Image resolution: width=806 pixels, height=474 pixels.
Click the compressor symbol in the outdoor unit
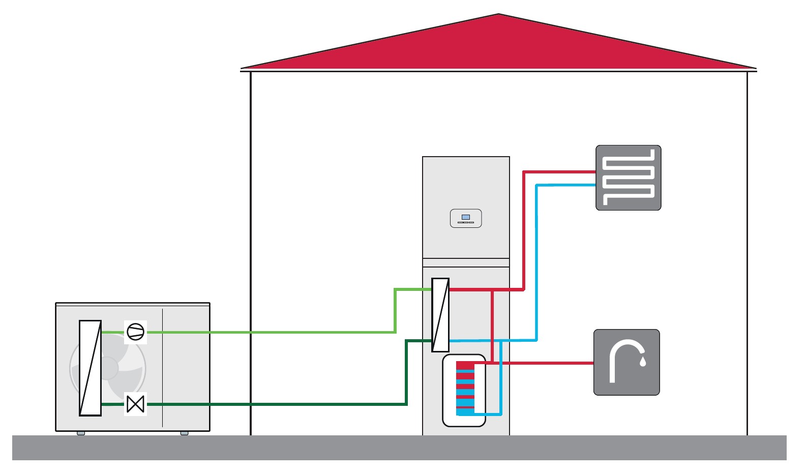[x=135, y=332]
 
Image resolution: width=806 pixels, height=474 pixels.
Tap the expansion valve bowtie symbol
[x=135, y=404]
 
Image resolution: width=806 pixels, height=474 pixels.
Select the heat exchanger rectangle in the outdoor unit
[x=90, y=368]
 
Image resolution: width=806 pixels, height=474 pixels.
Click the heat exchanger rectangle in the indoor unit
[x=440, y=315]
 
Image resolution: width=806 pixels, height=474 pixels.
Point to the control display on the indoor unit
[x=466, y=219]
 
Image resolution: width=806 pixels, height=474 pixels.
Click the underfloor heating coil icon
[x=629, y=177]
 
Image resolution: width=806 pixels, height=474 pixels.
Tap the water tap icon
[x=626, y=362]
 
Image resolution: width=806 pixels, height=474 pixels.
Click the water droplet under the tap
[x=643, y=362]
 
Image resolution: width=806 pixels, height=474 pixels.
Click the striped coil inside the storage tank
[x=465, y=387]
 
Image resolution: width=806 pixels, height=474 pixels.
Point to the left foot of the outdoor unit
[x=81, y=433]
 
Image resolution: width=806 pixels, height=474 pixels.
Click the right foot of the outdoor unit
[x=184, y=433]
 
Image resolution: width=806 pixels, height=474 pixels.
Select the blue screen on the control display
[x=466, y=217]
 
